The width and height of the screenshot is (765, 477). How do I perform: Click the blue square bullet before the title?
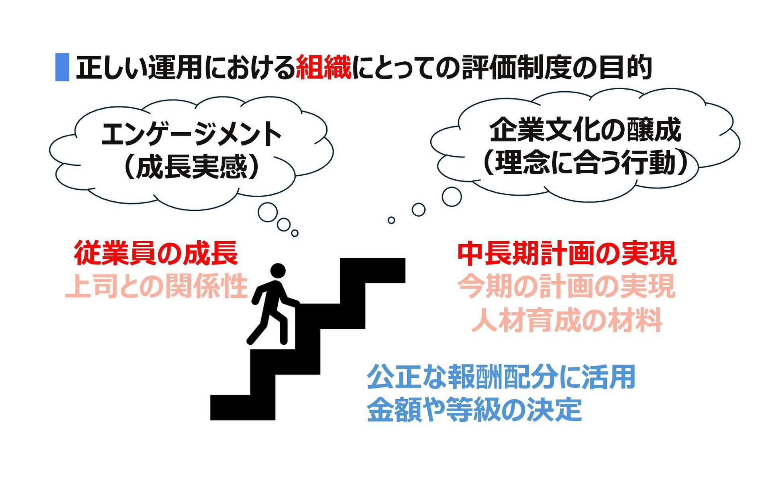coord(62,67)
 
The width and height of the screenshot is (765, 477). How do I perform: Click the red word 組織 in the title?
coord(323,67)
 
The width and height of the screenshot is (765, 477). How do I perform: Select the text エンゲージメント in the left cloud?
coord(192,134)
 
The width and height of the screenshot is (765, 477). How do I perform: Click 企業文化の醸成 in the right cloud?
coord(585,130)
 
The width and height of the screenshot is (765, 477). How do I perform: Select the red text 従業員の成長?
coord(156,253)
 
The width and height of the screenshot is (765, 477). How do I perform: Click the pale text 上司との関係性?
coord(156,286)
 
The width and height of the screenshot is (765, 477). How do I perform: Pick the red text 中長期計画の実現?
coord(567,253)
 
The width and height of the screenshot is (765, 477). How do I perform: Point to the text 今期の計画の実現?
coord(567,286)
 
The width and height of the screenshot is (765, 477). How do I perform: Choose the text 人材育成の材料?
coord(567,320)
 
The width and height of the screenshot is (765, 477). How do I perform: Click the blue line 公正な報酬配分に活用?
coord(501,377)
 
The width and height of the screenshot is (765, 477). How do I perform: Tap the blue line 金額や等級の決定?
coord(474,410)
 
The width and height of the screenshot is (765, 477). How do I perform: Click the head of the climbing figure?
coord(278,271)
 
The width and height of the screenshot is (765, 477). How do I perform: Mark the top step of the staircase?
coord(373,270)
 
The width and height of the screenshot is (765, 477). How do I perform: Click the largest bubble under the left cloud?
coord(268,212)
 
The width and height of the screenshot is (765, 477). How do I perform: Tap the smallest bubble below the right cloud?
coord(391,220)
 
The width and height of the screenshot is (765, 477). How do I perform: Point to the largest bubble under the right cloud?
coord(452,196)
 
